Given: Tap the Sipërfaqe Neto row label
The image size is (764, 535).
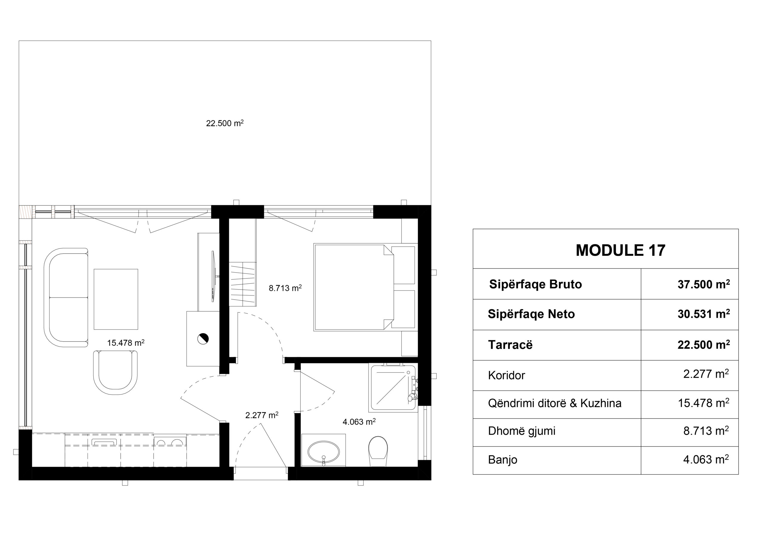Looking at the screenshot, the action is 531,314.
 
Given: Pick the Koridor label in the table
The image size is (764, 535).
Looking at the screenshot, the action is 506,375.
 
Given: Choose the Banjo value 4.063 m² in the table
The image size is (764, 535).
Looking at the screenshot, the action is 706,459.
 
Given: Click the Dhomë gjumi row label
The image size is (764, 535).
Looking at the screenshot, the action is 522,431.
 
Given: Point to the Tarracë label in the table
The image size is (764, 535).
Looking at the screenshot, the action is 510,345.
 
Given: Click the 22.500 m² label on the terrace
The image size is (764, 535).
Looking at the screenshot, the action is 225,123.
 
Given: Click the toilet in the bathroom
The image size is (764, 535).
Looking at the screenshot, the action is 378,451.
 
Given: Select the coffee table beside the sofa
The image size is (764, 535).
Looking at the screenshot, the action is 116,299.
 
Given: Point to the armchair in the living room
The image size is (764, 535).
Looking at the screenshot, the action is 115,370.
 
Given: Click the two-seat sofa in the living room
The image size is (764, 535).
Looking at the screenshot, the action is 66,297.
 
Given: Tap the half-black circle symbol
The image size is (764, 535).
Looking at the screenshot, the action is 203,338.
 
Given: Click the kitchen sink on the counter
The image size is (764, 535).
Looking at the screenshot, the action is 104,442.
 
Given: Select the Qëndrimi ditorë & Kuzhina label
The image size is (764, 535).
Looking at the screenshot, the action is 555,403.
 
